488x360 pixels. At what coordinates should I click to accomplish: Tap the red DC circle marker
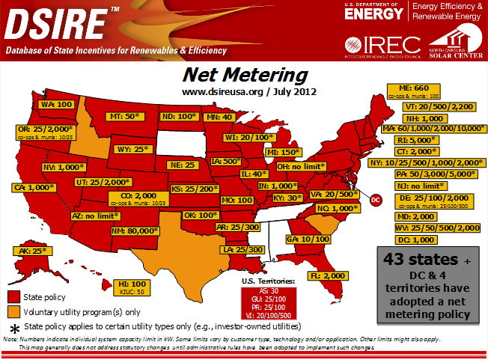tap(376, 200)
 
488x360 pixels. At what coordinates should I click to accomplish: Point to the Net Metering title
tap(245, 75)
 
